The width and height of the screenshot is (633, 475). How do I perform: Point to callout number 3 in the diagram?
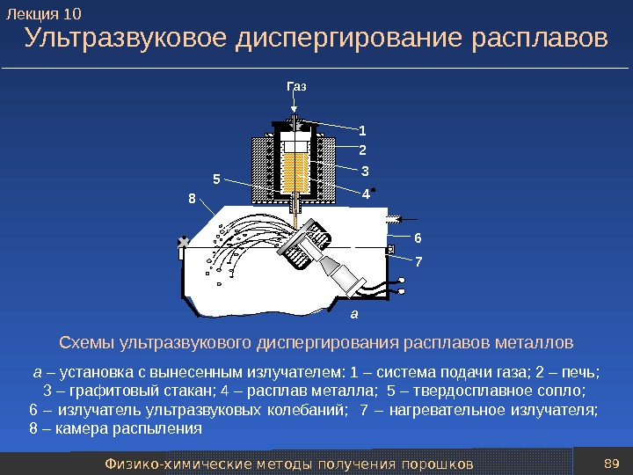[365, 171]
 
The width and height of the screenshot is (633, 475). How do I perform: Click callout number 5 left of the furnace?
[216, 179]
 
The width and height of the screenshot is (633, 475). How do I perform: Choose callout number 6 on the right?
[418, 238]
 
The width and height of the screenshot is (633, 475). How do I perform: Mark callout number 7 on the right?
[418, 261]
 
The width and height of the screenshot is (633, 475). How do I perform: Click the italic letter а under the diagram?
[353, 312]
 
